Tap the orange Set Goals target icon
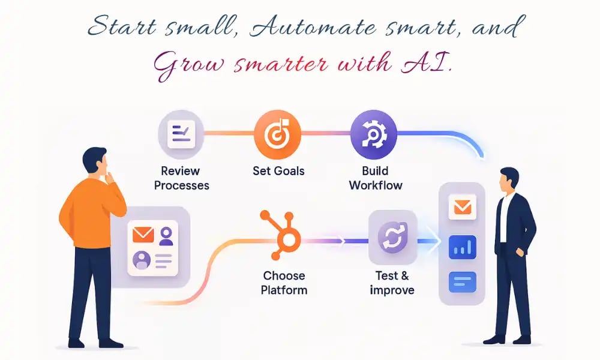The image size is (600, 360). coord(277,134)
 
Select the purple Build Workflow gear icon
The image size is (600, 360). coord(373,134)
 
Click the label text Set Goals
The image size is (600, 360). coord(278,171)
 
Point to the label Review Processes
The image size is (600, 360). coord(181,178)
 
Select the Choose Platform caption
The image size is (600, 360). coord(284,283)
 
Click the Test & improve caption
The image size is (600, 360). coord(392,283)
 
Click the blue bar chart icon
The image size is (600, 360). coord(462,247)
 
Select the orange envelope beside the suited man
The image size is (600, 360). coord(462,207)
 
